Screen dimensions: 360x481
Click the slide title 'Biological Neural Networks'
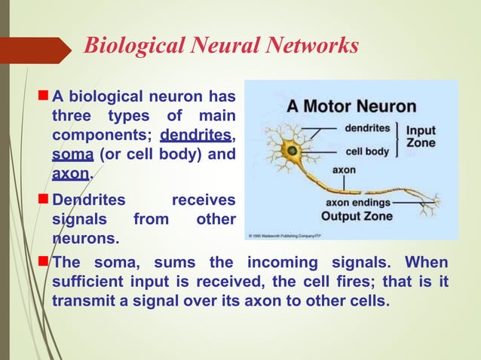click(221, 46)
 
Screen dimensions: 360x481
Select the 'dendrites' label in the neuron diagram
click(367, 129)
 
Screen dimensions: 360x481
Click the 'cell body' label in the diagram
click(367, 151)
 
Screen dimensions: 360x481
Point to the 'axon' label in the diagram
click(344, 170)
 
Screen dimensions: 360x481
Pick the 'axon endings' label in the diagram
click(358, 203)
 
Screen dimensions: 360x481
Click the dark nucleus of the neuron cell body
click(290, 151)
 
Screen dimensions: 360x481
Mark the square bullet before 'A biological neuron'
click(42, 96)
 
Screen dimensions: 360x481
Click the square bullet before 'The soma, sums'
click(42, 262)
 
